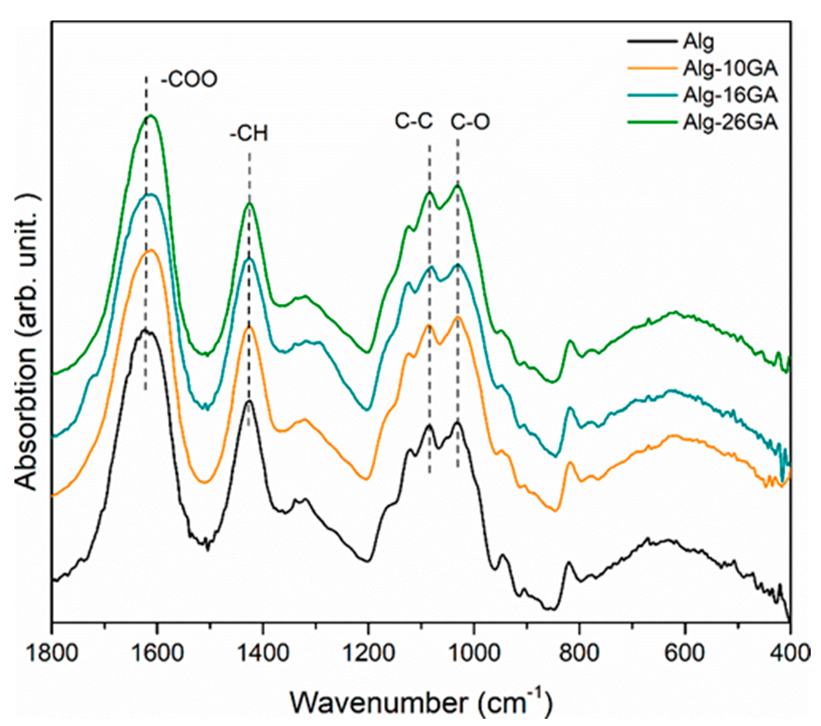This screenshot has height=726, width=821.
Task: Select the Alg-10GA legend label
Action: click(730, 69)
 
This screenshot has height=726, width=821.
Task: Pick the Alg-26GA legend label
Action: click(730, 122)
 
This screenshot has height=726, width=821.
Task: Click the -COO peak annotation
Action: click(189, 80)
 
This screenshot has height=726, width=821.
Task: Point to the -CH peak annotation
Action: click(249, 134)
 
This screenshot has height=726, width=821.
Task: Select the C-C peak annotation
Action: click(414, 120)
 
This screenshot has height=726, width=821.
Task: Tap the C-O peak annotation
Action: click(470, 122)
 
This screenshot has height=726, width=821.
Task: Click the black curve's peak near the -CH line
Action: click(249, 401)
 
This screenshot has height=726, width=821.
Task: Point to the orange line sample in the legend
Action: click(652, 69)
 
